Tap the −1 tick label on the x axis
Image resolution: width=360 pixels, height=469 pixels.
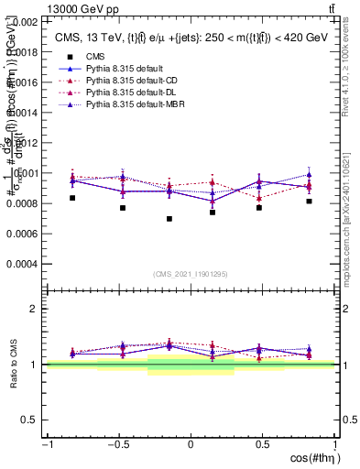(47, 444)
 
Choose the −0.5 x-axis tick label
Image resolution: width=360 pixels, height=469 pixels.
(117, 444)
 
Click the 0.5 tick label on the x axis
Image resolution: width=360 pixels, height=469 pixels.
(262, 444)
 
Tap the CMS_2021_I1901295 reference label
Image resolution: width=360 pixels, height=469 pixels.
(190, 274)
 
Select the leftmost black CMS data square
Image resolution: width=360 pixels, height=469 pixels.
(72, 198)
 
